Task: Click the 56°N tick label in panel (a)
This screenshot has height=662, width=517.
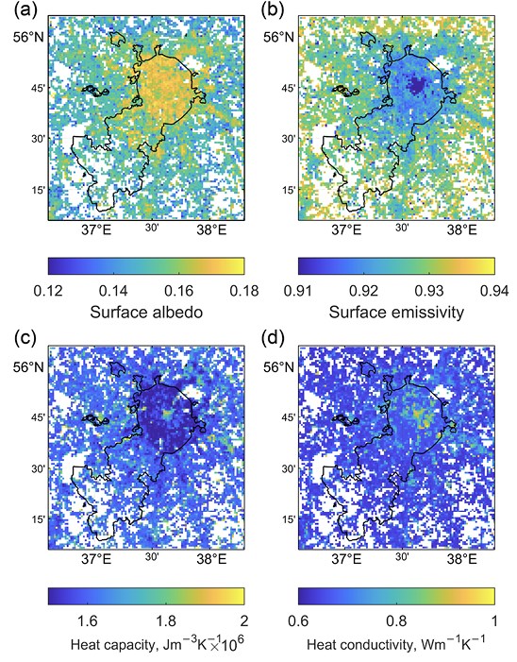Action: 27,37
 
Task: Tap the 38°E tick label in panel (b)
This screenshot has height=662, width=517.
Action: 461,230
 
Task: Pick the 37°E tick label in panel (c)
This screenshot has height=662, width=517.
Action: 98,559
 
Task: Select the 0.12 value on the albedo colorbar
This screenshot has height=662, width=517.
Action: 49,291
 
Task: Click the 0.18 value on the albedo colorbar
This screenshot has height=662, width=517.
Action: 244,291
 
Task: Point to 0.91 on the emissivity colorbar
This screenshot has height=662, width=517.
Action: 299,291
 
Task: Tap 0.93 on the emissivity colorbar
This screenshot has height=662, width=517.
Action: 429,291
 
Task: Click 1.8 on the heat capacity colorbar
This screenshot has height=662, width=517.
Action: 166,621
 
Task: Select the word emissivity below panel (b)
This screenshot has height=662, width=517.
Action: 426,313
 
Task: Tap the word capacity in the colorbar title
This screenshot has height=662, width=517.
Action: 127,645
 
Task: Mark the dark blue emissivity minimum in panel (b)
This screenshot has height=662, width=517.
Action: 416,85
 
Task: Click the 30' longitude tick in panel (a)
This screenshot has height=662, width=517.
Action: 152,228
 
